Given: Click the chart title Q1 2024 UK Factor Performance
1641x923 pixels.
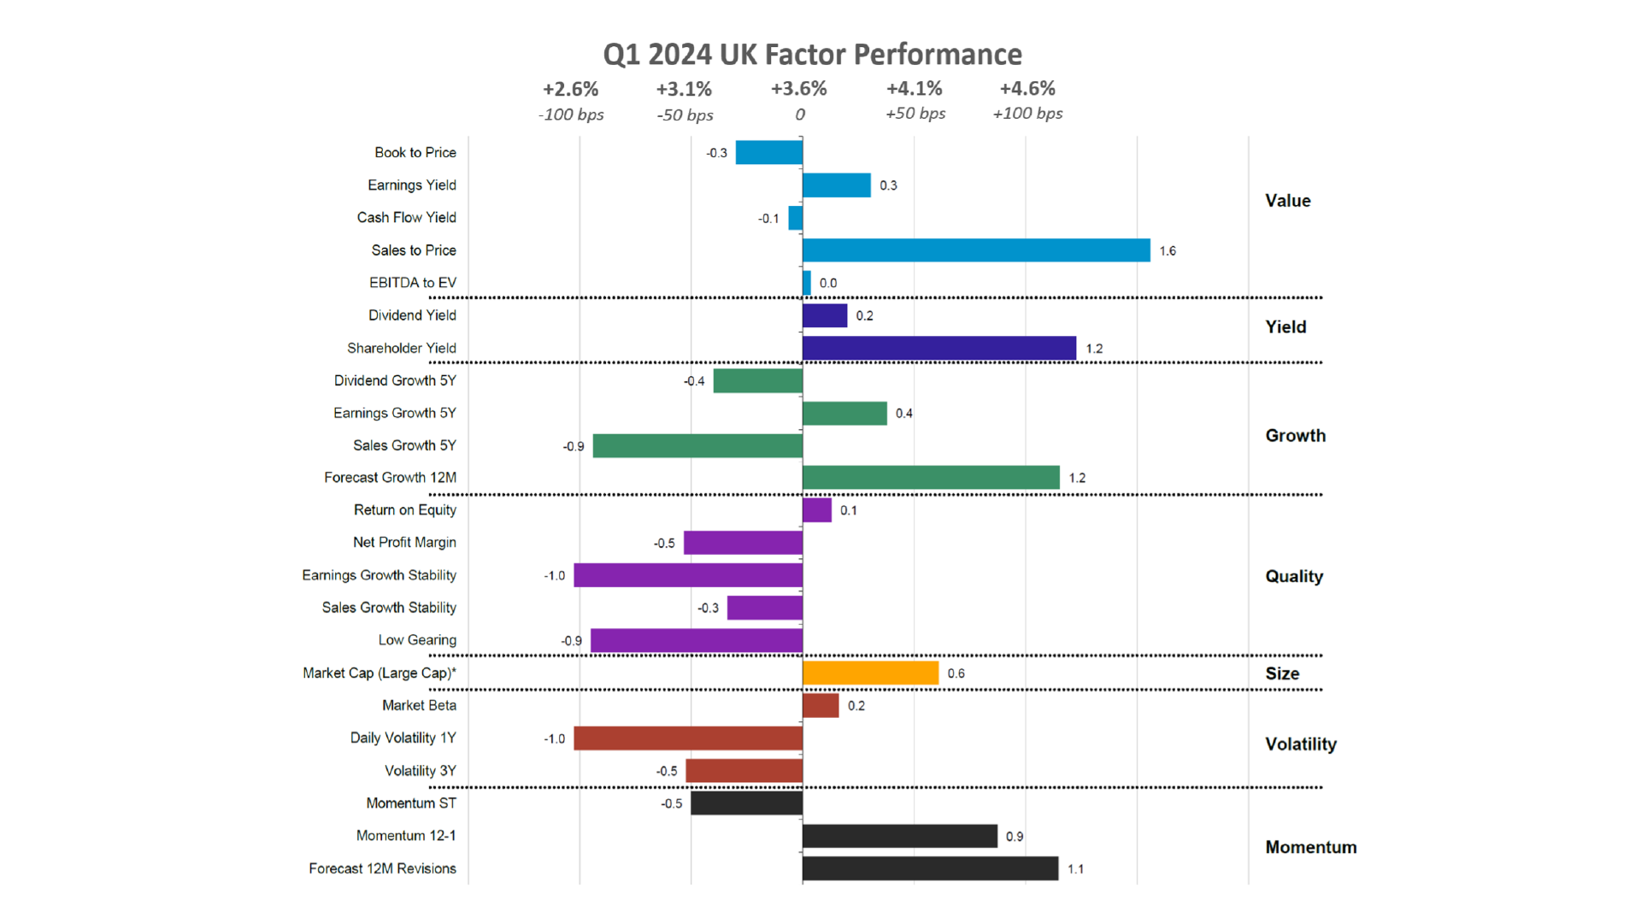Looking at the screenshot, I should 812,55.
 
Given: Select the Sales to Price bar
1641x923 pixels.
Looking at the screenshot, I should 976,250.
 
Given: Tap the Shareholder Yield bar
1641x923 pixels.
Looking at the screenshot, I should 938,348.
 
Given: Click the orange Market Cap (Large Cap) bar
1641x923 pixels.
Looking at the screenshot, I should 870,673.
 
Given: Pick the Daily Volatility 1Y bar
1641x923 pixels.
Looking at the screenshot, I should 688,738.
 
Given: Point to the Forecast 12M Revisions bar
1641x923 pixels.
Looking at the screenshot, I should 930,868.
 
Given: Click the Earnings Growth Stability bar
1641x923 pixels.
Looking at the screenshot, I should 688,575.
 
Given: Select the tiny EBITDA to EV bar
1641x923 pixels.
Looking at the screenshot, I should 806,283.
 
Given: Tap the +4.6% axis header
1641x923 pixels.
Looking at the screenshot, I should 1027,89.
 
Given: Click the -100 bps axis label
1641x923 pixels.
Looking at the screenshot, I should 571,115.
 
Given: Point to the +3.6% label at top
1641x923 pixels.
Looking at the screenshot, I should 798,89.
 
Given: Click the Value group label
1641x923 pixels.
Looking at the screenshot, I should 1287,201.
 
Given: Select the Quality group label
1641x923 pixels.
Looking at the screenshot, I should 1294,577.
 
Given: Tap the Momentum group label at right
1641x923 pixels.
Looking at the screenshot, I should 1310,848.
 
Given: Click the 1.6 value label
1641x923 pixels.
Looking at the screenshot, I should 1168,251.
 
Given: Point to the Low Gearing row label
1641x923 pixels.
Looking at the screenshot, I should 417,640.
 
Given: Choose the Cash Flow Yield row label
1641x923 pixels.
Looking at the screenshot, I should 406,218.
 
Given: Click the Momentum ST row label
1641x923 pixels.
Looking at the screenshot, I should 411,803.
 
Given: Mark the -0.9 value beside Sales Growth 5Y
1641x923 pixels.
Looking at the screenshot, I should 573,446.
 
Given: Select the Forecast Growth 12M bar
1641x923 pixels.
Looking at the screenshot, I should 931,478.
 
